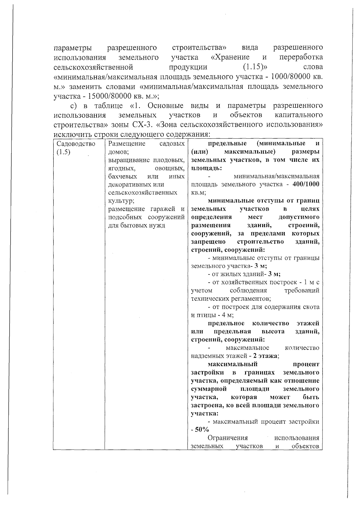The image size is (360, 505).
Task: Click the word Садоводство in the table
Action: pyautogui.click(x=76, y=144)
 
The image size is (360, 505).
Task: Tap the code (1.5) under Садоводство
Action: pyautogui.click(x=63, y=152)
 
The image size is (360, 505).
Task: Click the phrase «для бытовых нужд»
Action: pyautogui.click(x=136, y=225)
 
